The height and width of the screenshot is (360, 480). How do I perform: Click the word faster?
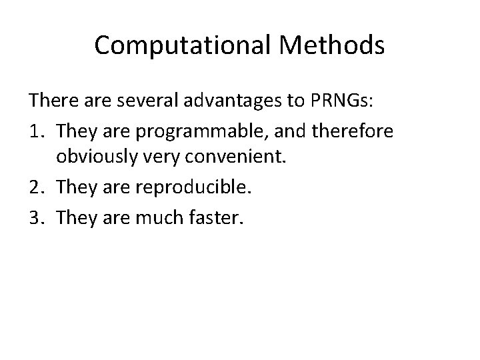pyautogui.click(x=215, y=217)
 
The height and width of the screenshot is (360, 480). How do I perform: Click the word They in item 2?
pyautogui.click(x=75, y=188)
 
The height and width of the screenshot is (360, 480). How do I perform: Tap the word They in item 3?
pyautogui.click(x=75, y=217)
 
